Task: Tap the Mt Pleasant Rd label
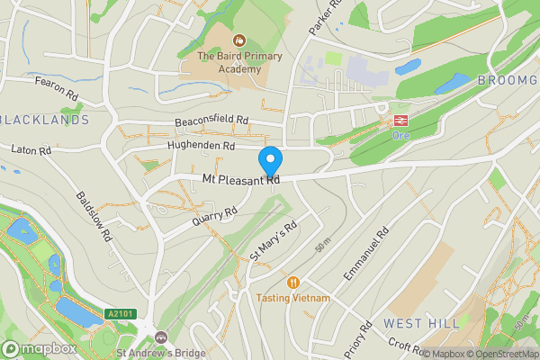[x=240, y=180]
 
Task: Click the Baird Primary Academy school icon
[x=239, y=40]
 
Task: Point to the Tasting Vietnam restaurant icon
[x=292, y=282]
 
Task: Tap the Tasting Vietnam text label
[x=292, y=298]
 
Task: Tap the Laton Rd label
[x=30, y=150]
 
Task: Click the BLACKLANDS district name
[x=45, y=119]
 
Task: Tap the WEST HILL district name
[x=420, y=323]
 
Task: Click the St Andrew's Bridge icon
[x=161, y=337]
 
